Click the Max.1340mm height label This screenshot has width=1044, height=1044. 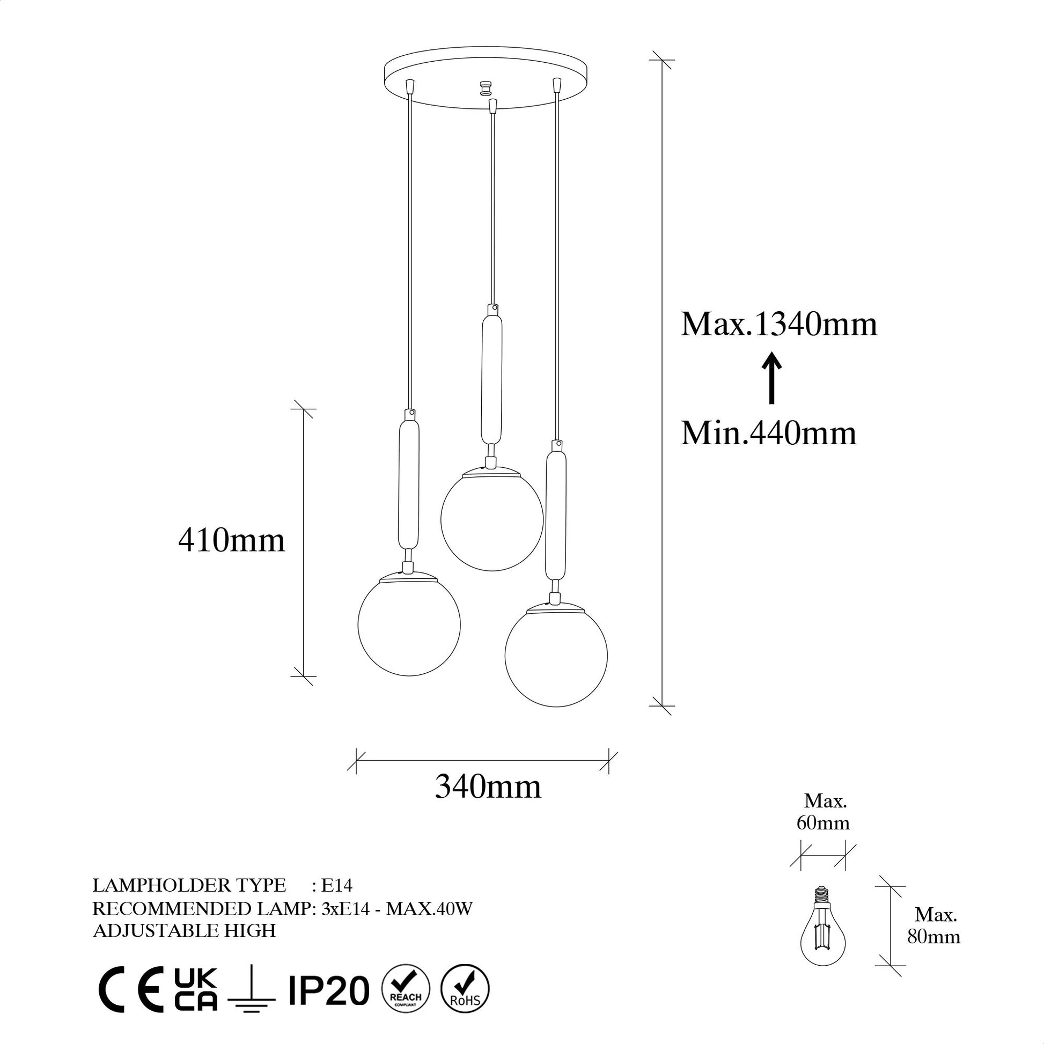778,325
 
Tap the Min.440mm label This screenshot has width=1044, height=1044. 768,433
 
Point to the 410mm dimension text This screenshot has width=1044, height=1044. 232,540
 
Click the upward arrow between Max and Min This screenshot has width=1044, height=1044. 772,378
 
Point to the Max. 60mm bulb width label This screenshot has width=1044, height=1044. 823,812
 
